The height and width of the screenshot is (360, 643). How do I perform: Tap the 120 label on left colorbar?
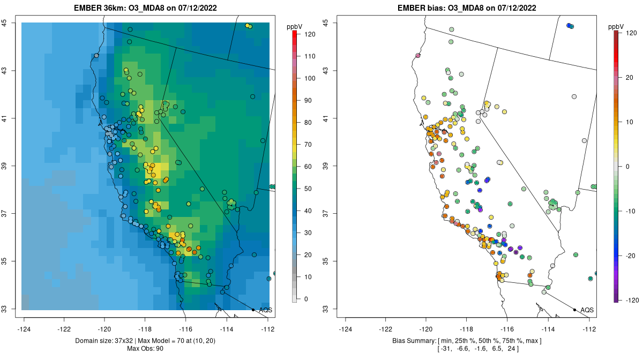[310, 34]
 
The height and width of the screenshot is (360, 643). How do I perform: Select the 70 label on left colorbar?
[308, 145]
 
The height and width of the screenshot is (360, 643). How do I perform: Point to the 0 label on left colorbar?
[306, 299]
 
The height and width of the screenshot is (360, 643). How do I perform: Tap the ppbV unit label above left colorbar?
[295, 25]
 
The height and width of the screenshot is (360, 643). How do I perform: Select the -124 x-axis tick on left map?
[24, 329]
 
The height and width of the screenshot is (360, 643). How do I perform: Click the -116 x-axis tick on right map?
[506, 329]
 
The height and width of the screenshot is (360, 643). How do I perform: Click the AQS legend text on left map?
[265, 310]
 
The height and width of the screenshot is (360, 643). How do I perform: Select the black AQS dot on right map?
[574, 310]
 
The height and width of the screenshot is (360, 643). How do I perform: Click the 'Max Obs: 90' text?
[145, 349]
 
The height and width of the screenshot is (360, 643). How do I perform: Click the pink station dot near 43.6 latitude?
[417, 56]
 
